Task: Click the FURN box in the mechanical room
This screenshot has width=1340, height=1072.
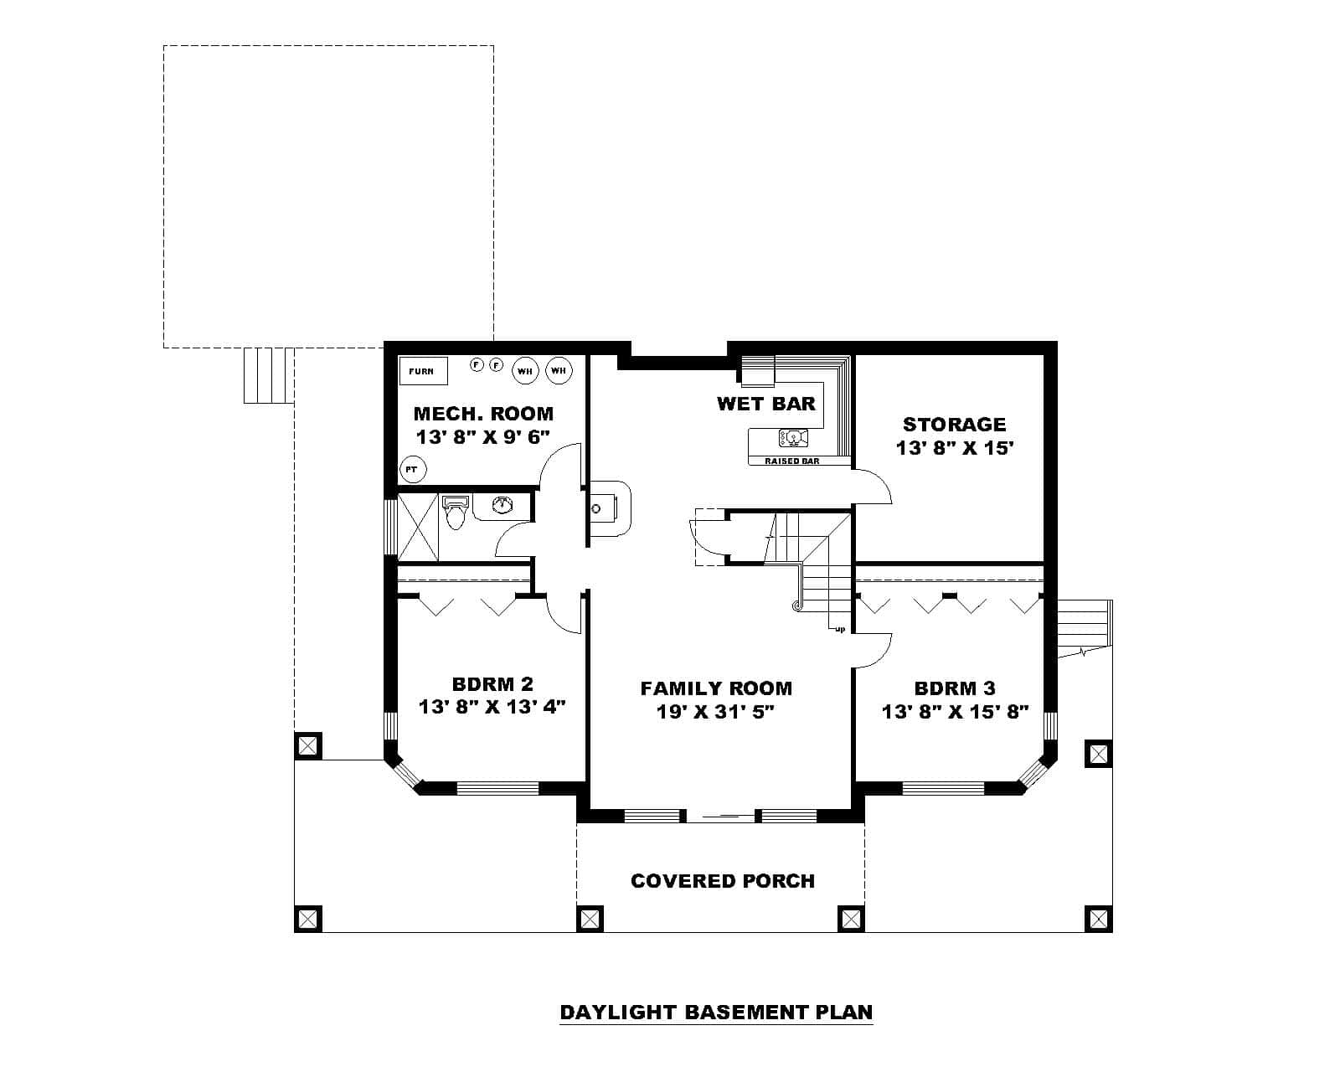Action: click(x=422, y=370)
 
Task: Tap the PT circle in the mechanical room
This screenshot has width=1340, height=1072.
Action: click(x=410, y=469)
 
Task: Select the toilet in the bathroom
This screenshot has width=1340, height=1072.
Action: click(x=455, y=513)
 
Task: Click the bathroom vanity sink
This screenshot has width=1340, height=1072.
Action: click(x=502, y=505)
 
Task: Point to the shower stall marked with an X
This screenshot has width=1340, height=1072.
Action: click(x=417, y=527)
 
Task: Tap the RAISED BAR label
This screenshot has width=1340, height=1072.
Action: click(x=791, y=461)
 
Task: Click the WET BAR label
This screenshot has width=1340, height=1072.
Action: click(x=765, y=404)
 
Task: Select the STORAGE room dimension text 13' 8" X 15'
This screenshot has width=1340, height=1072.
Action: click(x=955, y=448)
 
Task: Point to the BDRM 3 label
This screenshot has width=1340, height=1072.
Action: click(x=955, y=688)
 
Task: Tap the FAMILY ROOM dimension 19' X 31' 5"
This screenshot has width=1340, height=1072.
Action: click(x=716, y=712)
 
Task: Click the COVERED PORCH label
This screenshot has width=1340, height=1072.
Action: click(x=722, y=881)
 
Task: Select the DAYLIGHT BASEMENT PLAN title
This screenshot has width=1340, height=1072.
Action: click(x=716, y=1012)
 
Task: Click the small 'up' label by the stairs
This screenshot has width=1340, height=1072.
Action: click(x=840, y=629)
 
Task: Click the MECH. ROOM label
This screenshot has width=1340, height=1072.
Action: click(x=483, y=414)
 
